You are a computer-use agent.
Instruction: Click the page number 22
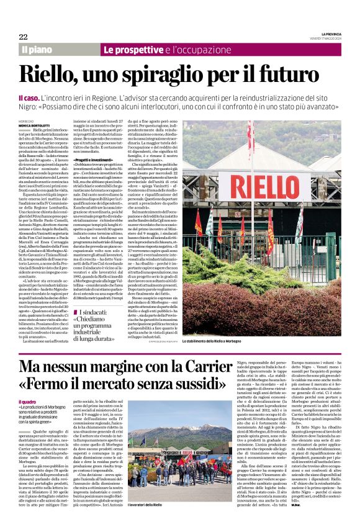tap(23, 37)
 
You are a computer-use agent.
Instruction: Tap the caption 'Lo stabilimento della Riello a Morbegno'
tap(300, 341)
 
